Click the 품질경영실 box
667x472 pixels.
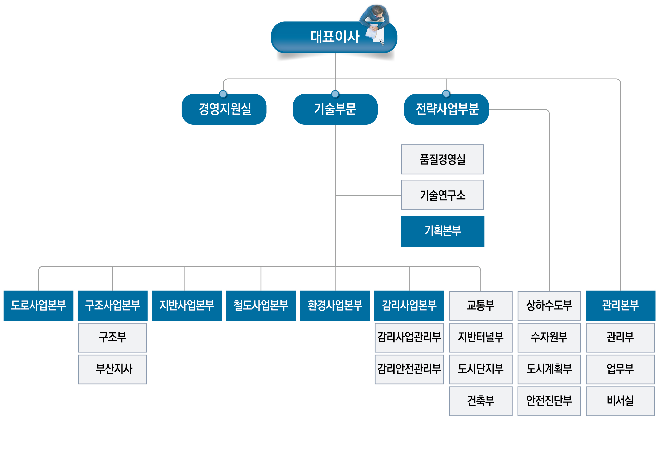442,159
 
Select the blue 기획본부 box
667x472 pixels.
442,231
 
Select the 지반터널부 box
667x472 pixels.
480,337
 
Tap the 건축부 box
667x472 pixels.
480,401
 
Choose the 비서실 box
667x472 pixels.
620,401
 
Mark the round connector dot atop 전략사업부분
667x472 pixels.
446,94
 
